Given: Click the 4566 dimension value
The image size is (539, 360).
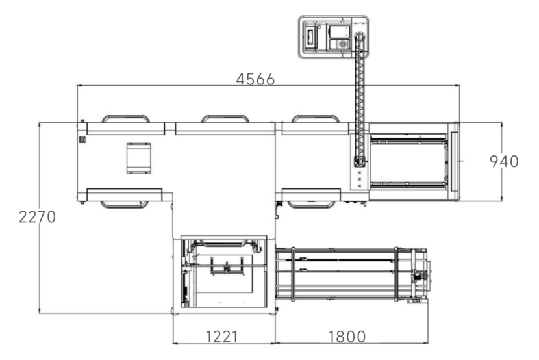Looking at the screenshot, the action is (255, 79).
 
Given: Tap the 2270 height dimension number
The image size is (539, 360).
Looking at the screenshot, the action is (37, 217).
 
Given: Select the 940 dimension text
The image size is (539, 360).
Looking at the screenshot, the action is (504, 162).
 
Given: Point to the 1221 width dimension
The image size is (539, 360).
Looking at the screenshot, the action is (221, 337).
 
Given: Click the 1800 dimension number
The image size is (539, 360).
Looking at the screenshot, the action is (347, 337).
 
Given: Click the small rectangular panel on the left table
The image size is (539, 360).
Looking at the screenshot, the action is (138, 158).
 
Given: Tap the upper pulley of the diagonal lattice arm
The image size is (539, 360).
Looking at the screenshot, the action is (360, 37).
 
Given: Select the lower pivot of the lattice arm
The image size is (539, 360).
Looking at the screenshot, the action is (359, 161).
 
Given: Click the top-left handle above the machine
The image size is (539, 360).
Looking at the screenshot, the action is (125, 119).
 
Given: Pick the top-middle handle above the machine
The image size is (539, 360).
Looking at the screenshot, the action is (225, 119).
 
